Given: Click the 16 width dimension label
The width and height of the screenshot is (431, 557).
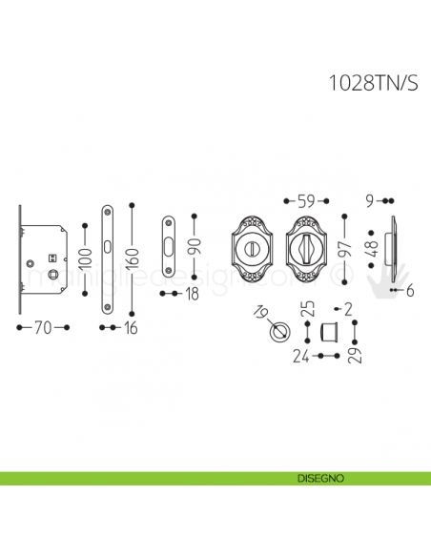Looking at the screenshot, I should pyautogui.click(x=132, y=328).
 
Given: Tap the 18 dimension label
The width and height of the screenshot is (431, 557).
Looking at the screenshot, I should pyautogui.click(x=192, y=295).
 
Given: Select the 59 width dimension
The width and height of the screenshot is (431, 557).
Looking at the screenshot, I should pyautogui.click(x=306, y=201).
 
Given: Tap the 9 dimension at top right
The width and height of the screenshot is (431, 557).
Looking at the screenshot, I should pyautogui.click(x=370, y=201).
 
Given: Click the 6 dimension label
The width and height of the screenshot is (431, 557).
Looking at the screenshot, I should pyautogui.click(x=409, y=291).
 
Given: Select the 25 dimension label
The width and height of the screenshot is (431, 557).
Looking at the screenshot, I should pyautogui.click(x=307, y=309).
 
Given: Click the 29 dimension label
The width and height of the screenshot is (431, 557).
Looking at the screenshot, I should pyautogui.click(x=355, y=356).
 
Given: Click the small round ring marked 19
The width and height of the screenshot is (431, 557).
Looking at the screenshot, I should pyautogui.click(x=279, y=334).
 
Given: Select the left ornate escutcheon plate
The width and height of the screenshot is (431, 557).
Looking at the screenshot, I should pyautogui.click(x=256, y=249).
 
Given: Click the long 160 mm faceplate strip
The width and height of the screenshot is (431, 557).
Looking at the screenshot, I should pyautogui.click(x=108, y=258).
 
